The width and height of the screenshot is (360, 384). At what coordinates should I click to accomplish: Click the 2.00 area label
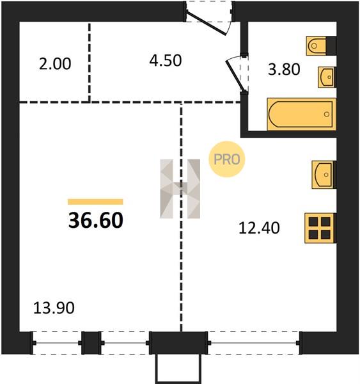tap(55, 63)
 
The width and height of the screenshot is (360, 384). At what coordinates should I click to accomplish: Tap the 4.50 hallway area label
tap(166, 61)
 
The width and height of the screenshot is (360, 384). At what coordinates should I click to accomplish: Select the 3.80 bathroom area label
tap(284, 69)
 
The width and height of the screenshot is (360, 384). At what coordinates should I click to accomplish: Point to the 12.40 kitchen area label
tap(259, 228)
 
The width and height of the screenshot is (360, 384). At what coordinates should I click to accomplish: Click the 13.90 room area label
tap(54, 308)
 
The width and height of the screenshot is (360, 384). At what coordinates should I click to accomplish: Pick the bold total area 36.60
tap(96, 220)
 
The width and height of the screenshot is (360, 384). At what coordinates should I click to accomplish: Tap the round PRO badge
tap(227, 159)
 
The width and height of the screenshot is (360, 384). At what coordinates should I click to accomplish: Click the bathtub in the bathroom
tap(301, 114)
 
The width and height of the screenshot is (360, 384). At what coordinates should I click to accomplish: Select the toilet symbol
tap(321, 46)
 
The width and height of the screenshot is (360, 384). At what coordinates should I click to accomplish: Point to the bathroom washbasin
tap(327, 77)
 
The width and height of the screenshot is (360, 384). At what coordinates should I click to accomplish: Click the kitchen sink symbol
tap(324, 175)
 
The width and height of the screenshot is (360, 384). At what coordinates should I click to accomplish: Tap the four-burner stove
tap(320, 228)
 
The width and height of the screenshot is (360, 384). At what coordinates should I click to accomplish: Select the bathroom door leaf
tap(235, 76)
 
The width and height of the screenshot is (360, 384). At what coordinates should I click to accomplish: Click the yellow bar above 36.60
tap(95, 202)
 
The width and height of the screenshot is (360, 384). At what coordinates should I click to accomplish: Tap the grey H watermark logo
tap(180, 189)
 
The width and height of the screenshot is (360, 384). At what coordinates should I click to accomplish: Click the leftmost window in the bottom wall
tap(57, 343)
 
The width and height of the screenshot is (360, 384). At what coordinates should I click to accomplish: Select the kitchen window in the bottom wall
tap(254, 343)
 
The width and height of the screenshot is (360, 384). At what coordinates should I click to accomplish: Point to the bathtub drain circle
tap(327, 114)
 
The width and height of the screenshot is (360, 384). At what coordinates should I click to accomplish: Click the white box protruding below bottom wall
tap(178, 369)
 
